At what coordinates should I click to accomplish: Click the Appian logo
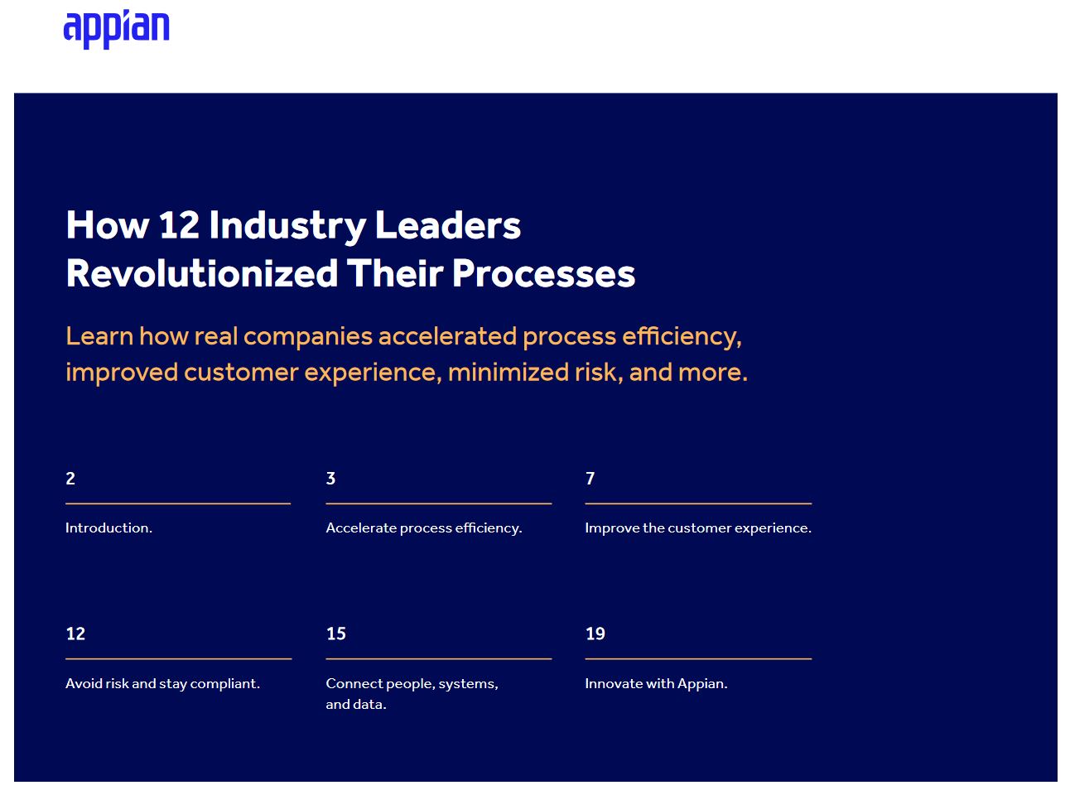point(116,29)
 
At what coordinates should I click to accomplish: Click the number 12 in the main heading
point(179,224)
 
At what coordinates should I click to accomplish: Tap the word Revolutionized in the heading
point(201,273)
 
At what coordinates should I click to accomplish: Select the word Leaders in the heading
point(448,224)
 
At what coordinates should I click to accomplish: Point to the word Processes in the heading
point(543,273)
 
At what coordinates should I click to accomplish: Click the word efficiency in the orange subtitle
point(682,336)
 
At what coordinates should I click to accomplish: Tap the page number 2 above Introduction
point(70,479)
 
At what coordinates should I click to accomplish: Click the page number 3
point(331,479)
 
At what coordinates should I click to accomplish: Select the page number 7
point(590,479)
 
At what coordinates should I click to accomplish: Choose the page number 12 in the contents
point(75,634)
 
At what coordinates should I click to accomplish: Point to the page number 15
point(336,634)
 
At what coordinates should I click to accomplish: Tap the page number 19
point(595,634)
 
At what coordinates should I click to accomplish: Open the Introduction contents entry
point(109,528)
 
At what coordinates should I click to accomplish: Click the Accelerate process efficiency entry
point(424,528)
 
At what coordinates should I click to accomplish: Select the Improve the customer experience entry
point(698,528)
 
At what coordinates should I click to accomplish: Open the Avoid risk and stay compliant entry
point(162,684)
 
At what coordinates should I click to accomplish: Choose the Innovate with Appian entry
point(656,684)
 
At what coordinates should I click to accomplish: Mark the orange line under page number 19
point(698,658)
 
